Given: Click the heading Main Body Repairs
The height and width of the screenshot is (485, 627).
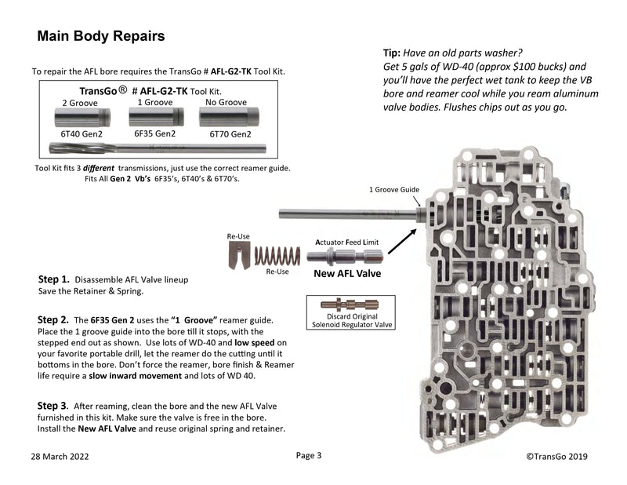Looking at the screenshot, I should pos(101,36).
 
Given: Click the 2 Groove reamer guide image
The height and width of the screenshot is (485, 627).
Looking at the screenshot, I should pos(77,117).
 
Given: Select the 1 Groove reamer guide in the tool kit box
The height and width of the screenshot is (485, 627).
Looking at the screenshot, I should pos(155,116).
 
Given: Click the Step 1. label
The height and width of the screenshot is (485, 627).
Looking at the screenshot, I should pos(54,279).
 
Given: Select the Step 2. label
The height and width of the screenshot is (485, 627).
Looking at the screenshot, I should pos(54,320).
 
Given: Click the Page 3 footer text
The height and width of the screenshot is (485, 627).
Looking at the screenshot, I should pos(309,455).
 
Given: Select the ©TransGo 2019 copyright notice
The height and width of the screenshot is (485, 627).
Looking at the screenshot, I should pos(556,456).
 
